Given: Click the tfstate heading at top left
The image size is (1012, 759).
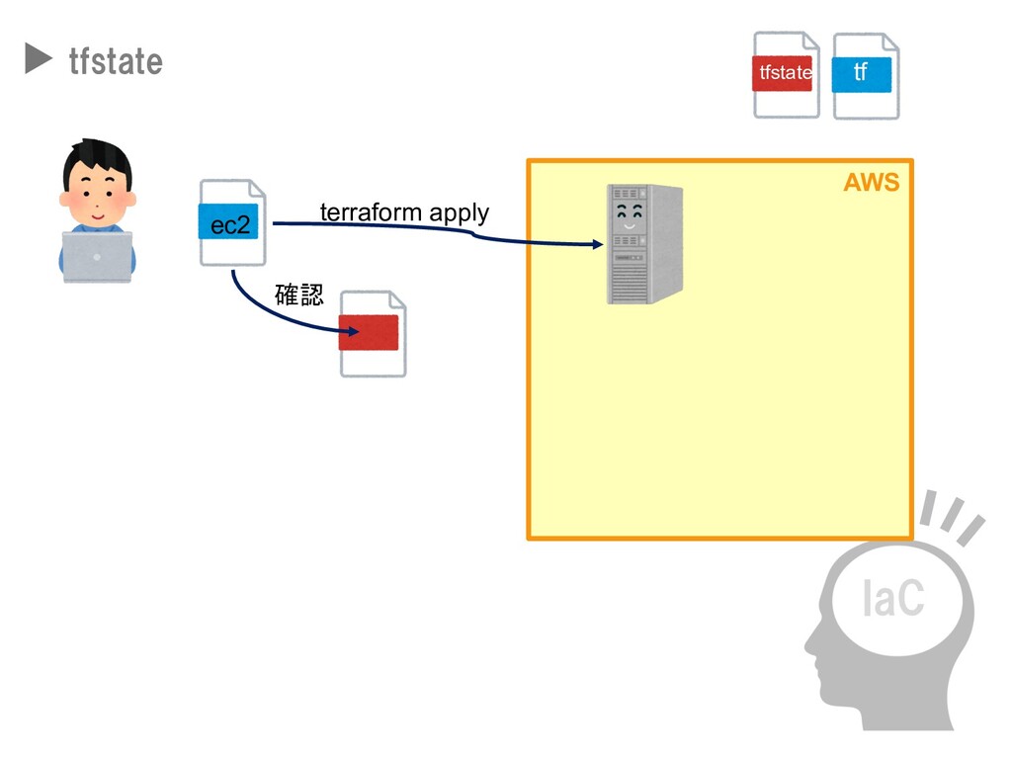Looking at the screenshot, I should click(116, 61).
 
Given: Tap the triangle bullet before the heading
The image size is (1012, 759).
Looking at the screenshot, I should click(38, 60).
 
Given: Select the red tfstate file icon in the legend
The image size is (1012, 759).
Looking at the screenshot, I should click(786, 74).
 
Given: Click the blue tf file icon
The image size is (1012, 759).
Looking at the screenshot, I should click(865, 75).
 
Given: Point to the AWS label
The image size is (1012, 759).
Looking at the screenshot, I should click(871, 183).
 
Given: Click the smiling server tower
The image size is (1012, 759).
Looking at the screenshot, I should click(644, 243).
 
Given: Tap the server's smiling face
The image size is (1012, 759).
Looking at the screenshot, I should click(629, 216).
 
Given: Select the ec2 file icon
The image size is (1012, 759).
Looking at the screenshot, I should click(233, 222).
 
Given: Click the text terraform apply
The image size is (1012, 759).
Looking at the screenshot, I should click(404, 212).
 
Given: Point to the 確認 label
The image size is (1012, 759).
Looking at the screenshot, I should click(298, 295).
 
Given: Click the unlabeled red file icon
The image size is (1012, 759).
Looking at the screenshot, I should click(373, 333).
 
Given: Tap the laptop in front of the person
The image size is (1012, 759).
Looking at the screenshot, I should click(97, 256).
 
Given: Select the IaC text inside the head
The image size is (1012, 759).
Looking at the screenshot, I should click(892, 598).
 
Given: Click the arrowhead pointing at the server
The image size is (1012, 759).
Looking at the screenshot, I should click(596, 244).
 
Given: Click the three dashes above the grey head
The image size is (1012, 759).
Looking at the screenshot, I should click(952, 516).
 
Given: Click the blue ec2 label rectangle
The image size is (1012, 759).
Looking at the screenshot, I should click(229, 224).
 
